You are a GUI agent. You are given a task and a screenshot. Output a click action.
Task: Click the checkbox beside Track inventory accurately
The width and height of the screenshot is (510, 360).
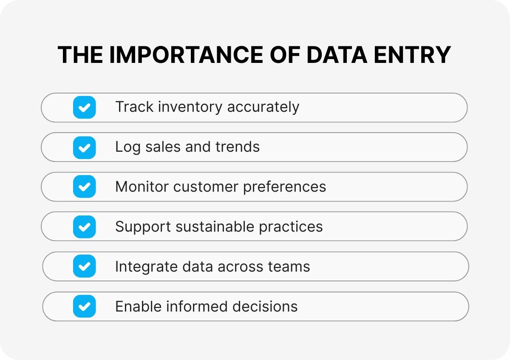pos(84,107)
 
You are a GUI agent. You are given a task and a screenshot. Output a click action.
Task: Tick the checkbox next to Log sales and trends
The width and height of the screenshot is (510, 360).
pos(84,147)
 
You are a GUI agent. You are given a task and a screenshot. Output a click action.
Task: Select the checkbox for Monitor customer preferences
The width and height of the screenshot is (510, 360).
pos(84,187)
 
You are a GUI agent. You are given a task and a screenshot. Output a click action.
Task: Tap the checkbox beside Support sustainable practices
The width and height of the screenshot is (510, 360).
pos(84,227)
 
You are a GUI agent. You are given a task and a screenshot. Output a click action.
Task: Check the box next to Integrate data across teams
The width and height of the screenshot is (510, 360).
pos(84,266)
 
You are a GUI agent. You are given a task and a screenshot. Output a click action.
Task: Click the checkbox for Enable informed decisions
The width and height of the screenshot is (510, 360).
pos(84,306)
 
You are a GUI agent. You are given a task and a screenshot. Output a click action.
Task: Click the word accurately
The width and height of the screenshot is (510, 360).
pos(263,107)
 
